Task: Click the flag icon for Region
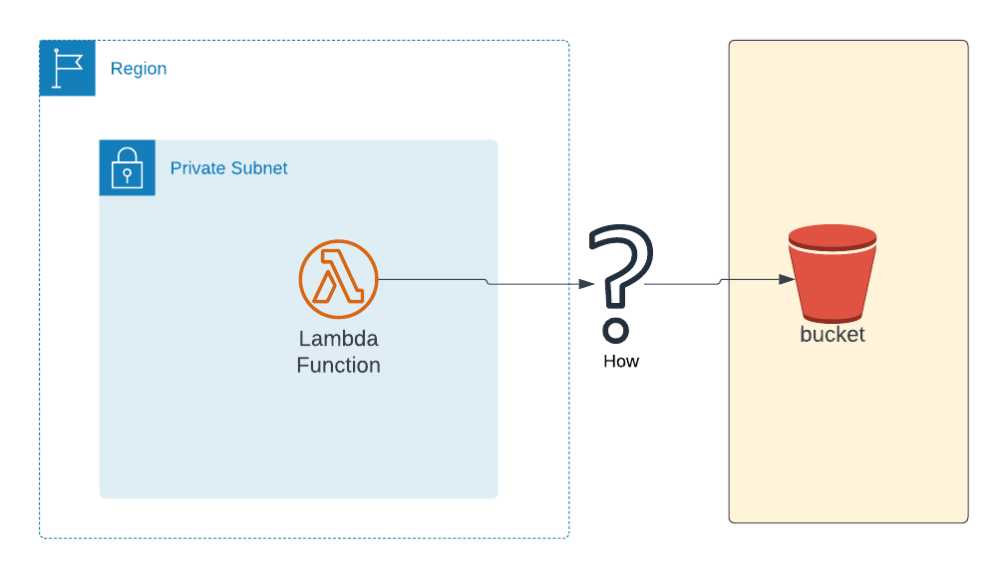tap(67, 68)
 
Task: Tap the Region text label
tap(139, 69)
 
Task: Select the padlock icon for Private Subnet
tap(127, 167)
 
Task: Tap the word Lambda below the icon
tap(338, 339)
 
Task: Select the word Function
tap(338, 366)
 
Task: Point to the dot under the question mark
tap(616, 330)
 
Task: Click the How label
tap(620, 361)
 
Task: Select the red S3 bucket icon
tap(832, 274)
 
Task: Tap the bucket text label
tap(832, 335)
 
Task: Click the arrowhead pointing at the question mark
tap(587, 284)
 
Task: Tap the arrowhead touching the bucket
tap(787, 280)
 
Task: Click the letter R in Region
tap(116, 69)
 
